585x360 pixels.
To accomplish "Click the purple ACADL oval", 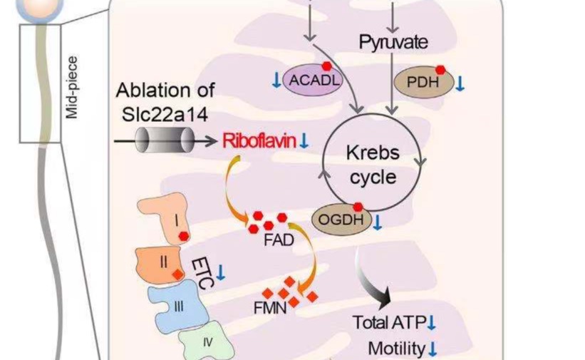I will coord(312,80).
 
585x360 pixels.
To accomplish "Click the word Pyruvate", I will coord(393,43).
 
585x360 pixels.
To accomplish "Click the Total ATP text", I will coord(388,322).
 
